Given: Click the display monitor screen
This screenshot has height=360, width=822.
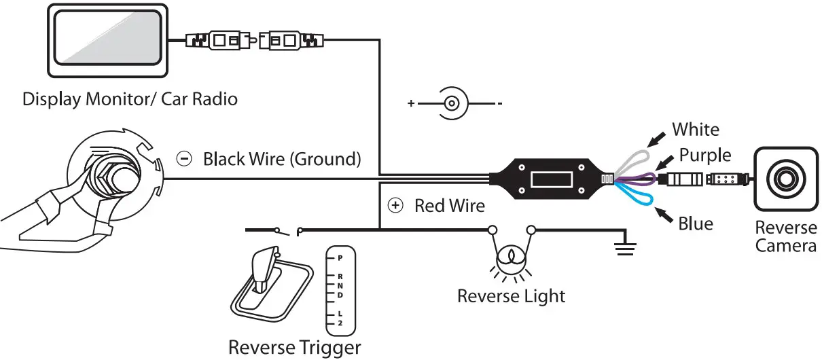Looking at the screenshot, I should (108, 41).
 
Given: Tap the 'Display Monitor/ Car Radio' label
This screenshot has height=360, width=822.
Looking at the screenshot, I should (130, 99).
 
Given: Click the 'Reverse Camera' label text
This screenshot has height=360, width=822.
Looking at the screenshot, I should (785, 236).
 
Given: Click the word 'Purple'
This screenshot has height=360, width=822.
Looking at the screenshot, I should (705, 155).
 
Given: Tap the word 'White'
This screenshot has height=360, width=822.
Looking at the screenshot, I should (695, 129).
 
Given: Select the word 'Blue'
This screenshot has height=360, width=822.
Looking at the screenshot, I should (696, 223).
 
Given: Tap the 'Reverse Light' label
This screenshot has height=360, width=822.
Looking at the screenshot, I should (511, 296).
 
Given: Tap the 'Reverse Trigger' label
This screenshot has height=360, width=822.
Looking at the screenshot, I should (294, 348).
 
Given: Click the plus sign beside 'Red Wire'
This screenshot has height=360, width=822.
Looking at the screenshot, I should (395, 205).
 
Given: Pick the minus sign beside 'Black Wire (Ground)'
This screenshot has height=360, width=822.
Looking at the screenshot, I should (184, 160).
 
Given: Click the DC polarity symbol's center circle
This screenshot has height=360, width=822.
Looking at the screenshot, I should (452, 104).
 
